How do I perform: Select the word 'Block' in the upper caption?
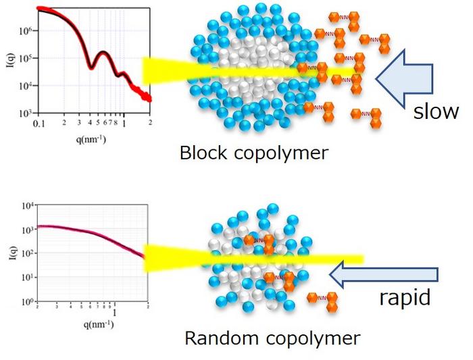(x=201, y=153)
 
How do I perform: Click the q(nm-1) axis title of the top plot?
(x=91, y=139)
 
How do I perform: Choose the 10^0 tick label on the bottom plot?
(x=28, y=301)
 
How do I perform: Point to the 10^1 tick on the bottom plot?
(x=28, y=277)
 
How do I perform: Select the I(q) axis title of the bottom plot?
(x=9, y=254)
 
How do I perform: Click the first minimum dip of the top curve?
(x=93, y=68)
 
